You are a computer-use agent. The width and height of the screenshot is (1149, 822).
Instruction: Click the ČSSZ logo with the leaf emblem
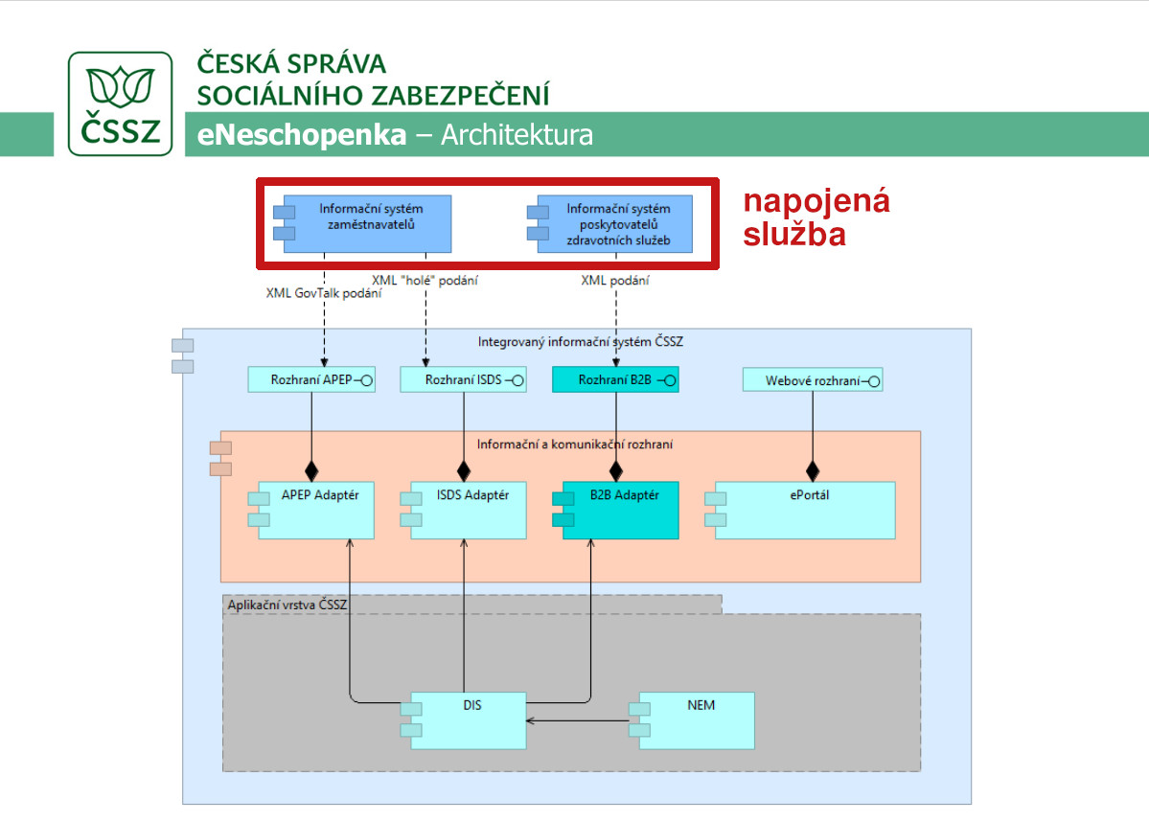[120, 103]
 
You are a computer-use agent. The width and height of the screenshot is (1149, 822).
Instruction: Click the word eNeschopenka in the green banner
[301, 135]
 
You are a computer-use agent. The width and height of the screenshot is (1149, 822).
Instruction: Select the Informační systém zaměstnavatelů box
[363, 223]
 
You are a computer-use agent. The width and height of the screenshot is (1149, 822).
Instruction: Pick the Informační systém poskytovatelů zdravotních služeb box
[610, 223]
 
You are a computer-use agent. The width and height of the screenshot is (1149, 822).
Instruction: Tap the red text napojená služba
[816, 217]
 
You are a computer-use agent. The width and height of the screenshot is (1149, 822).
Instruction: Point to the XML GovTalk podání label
[324, 293]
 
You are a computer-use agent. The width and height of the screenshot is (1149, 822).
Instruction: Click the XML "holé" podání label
[425, 280]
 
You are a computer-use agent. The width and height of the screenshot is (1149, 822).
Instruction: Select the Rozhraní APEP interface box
[311, 379]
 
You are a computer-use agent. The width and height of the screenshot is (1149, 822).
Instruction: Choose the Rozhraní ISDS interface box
[463, 379]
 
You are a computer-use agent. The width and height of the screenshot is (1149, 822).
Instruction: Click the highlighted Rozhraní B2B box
[615, 379]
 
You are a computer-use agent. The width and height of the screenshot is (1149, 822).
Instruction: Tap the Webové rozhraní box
[813, 380]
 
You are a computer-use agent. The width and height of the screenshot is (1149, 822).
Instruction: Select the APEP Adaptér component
[311, 510]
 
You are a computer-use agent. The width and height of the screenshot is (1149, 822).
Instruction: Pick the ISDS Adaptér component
[463, 510]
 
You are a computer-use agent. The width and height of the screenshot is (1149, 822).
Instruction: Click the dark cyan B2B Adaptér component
[615, 510]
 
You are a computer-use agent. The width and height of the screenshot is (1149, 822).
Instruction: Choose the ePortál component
[800, 510]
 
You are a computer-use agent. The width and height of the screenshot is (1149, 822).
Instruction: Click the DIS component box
[463, 720]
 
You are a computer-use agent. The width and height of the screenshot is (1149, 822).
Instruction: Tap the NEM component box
[692, 720]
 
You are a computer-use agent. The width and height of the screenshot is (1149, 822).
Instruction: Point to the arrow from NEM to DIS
[578, 720]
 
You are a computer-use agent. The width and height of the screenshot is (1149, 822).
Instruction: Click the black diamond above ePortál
[813, 470]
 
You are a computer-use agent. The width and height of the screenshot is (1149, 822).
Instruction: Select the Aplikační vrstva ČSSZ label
[287, 605]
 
